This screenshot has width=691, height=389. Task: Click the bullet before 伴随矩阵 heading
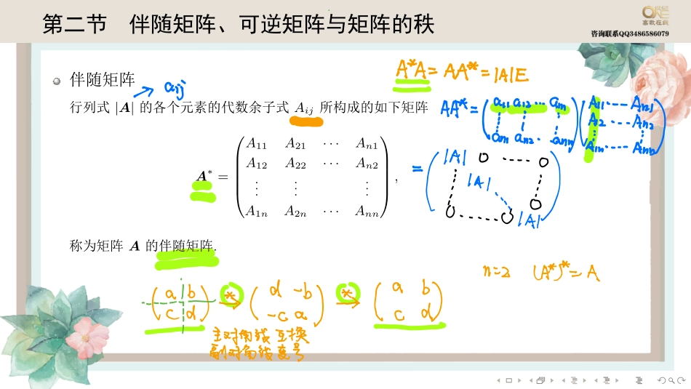coord(56,81)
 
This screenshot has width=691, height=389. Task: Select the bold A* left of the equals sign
coord(204,177)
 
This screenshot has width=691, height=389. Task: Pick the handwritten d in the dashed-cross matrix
coord(191,313)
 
